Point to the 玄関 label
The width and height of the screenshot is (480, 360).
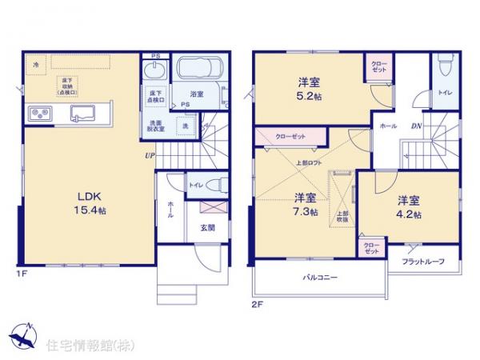[x=206, y=226]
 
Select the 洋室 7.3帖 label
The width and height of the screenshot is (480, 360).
[x=304, y=205]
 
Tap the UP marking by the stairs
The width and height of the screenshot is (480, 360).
[x=149, y=155]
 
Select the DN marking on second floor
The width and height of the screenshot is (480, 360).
[x=417, y=126]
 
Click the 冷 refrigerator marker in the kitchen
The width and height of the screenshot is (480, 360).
[x=35, y=63]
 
